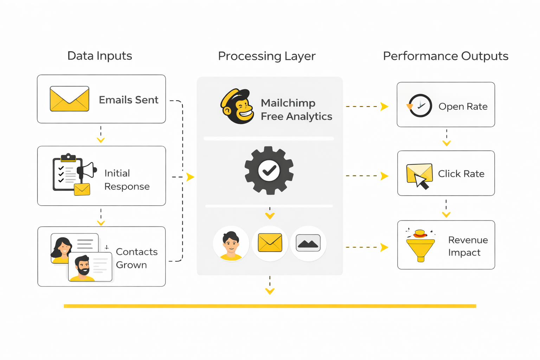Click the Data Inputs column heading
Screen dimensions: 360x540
point(99,56)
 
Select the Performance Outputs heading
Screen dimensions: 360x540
point(445,56)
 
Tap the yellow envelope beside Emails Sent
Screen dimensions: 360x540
point(69,99)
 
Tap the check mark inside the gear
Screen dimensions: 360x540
point(269,171)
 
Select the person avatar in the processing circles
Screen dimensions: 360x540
point(231,244)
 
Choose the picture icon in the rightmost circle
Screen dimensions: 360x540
point(308,243)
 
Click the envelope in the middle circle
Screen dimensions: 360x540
point(270,243)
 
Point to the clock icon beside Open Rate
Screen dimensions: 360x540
point(420,105)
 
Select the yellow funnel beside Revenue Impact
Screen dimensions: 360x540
point(420,247)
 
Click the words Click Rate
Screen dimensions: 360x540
point(461,174)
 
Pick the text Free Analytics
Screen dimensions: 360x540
point(296,116)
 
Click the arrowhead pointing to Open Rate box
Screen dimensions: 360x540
point(384,107)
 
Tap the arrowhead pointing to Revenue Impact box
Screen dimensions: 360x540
point(384,247)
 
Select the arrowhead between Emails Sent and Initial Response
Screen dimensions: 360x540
point(101,140)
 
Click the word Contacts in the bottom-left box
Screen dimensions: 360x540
point(137,252)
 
